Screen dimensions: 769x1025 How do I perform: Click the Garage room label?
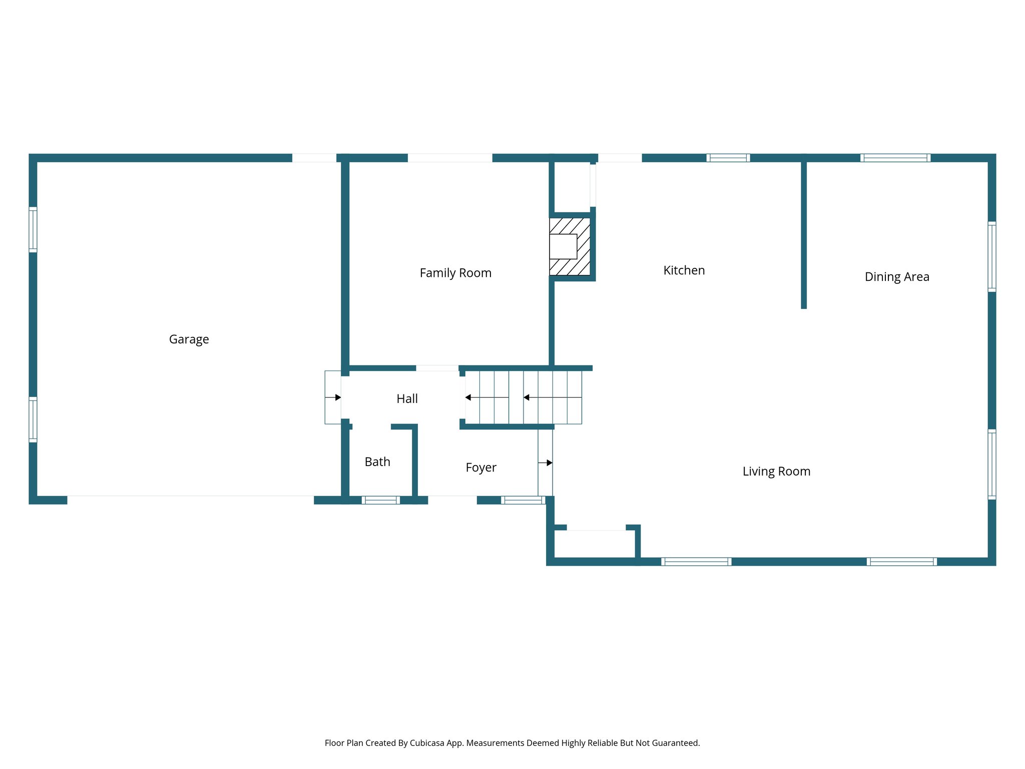(189, 339)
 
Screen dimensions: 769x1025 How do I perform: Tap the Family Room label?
(455, 273)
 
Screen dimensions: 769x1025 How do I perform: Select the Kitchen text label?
(684, 270)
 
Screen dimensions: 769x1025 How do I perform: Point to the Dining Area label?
(896, 277)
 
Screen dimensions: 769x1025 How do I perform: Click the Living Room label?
(776, 471)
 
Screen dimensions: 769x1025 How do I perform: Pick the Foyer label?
(480, 468)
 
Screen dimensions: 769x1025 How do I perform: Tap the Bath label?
(377, 462)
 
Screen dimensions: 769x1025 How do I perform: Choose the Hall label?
(407, 399)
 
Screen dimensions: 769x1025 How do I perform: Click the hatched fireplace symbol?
(570, 246)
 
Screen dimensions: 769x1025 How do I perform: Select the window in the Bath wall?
(380, 500)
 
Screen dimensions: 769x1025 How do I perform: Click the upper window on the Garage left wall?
(33, 229)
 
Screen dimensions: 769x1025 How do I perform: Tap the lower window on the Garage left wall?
(33, 419)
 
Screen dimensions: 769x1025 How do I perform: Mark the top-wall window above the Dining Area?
(895, 158)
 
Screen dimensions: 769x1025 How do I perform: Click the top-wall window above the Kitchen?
(728, 158)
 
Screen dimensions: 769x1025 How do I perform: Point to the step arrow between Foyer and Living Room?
(546, 463)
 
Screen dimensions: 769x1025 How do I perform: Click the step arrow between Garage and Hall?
(333, 398)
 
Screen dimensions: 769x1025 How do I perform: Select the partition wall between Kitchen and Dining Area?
(804, 233)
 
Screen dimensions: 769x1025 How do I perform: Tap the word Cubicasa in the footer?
(426, 743)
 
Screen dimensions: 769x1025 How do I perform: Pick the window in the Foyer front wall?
(523, 500)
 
